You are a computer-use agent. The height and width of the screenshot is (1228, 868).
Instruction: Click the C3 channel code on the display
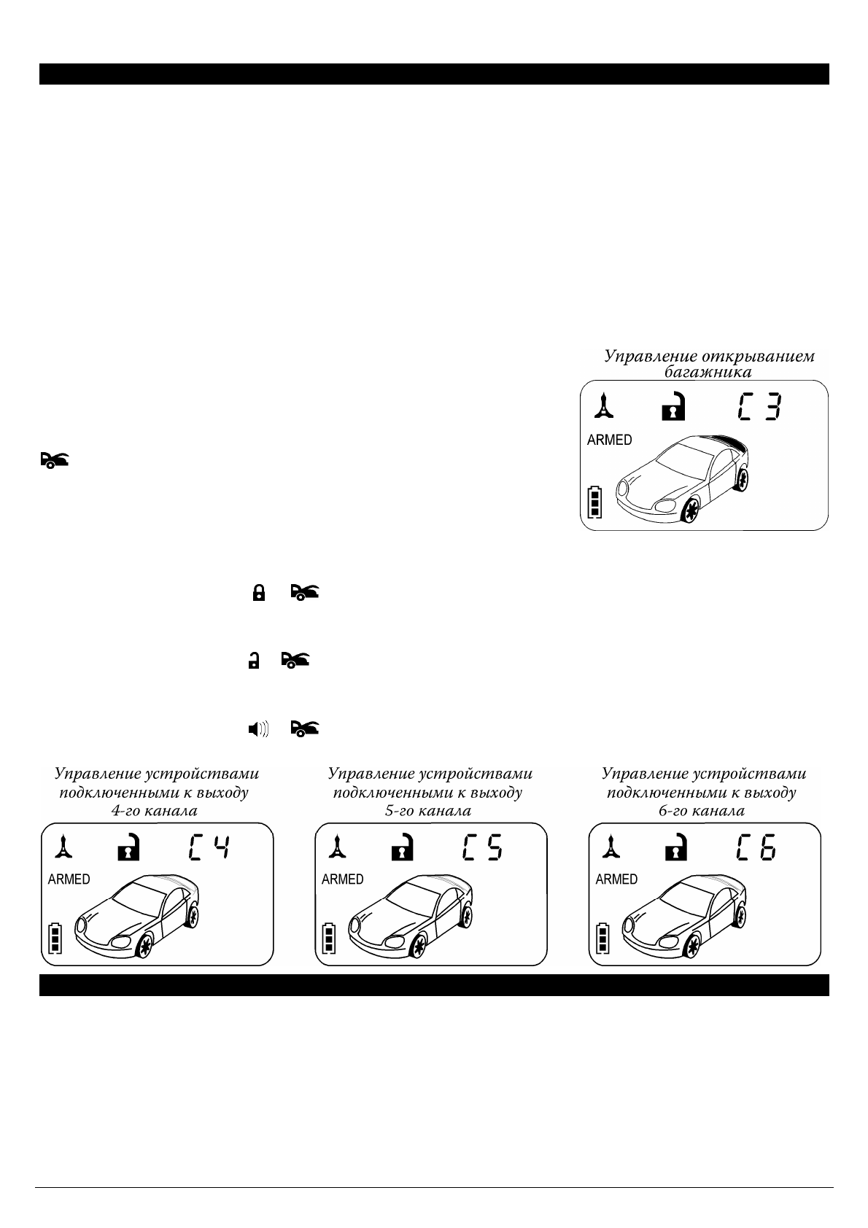click(x=759, y=406)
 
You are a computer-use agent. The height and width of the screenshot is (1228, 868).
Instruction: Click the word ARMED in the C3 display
click(x=609, y=440)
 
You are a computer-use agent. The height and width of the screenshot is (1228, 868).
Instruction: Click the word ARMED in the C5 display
click(x=342, y=879)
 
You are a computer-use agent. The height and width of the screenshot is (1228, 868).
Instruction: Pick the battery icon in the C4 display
click(x=55, y=939)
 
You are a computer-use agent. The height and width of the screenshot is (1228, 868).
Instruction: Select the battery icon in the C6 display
click(x=602, y=939)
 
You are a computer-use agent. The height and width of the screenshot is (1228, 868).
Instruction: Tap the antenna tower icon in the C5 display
click(x=336, y=847)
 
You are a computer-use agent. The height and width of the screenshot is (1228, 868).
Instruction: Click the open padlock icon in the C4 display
click(x=128, y=847)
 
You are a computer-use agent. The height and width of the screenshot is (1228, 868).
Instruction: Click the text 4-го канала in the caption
click(x=153, y=810)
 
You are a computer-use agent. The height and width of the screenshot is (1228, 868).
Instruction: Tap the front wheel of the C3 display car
click(x=688, y=512)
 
